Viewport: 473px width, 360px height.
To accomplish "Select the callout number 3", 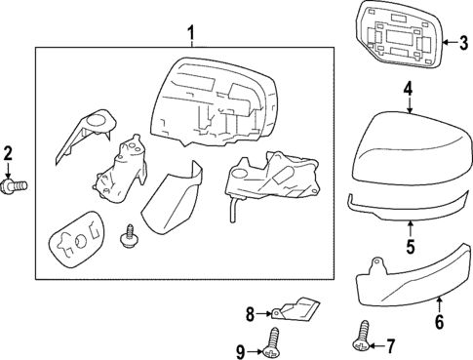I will (452, 41).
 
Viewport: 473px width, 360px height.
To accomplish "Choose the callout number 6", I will (439, 320).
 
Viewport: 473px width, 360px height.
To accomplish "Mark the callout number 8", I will (249, 313).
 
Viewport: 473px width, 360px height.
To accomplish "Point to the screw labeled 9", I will (272, 340).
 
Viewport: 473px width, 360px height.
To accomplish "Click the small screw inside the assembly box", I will (126, 235).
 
